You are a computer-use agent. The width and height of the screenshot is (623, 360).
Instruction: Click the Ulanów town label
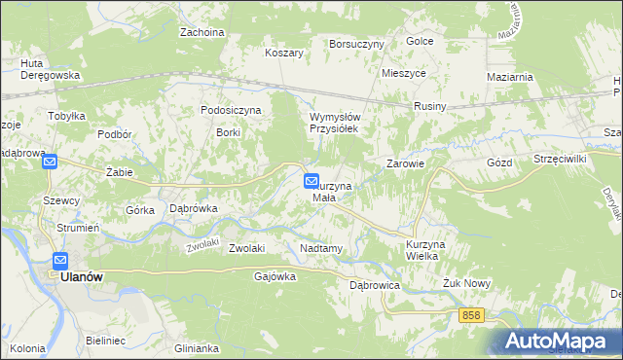[82, 276]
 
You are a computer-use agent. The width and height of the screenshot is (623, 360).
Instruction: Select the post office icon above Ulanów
[59, 261]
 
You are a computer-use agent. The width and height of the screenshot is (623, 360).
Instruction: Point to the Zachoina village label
[202, 32]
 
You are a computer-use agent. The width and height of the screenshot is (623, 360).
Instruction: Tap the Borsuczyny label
[357, 44]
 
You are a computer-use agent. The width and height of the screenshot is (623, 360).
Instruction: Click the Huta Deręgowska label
[50, 68]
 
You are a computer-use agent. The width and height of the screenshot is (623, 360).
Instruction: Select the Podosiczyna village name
[231, 110]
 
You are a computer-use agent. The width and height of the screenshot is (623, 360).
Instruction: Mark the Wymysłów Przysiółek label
[335, 122]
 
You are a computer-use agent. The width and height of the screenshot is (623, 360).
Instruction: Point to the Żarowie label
[406, 163]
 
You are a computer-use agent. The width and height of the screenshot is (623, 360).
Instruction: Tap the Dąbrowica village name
[375, 286]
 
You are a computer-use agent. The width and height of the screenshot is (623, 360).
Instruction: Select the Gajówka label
[274, 276]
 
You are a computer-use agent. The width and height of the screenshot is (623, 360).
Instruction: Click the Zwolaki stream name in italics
[201, 246]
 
